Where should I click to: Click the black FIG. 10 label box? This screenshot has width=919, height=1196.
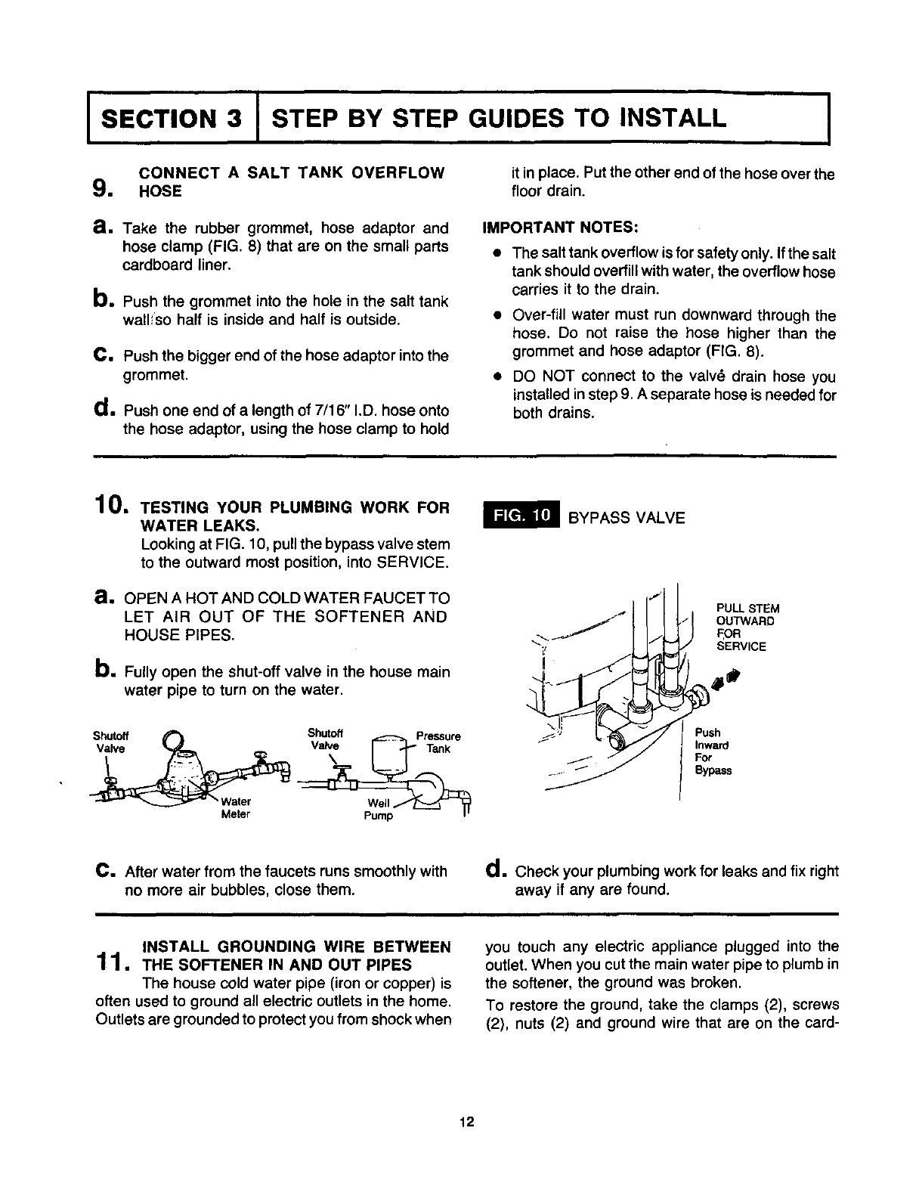point(522,517)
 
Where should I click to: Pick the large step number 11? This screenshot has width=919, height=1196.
point(114,964)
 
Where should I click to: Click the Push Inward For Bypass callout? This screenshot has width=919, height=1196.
point(712,751)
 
